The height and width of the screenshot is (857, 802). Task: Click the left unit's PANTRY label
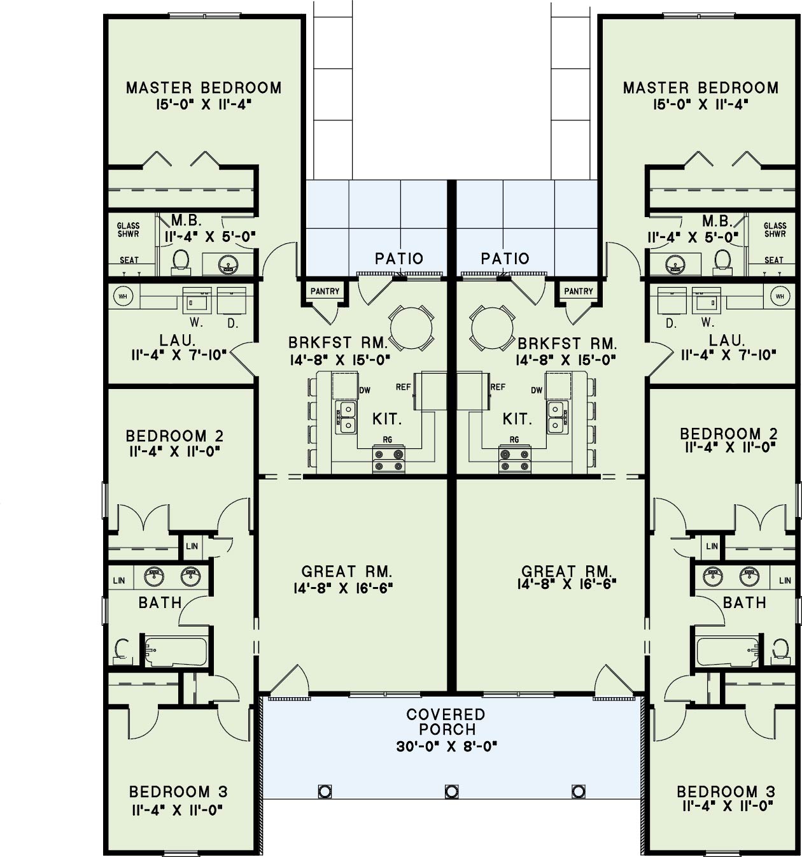point(325,291)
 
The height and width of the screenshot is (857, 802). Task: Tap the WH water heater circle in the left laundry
point(122,296)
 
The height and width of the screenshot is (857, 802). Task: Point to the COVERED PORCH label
point(446,722)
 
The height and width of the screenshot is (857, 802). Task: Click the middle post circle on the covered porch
point(451,791)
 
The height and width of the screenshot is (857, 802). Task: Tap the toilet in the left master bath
point(181,261)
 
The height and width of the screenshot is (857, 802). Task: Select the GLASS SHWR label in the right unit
point(775,230)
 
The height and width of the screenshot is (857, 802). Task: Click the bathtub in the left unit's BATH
point(175,651)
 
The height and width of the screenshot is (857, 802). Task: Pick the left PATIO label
point(399,259)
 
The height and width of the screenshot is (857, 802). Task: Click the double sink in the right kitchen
point(556,417)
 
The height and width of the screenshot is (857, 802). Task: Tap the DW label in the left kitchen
point(365,390)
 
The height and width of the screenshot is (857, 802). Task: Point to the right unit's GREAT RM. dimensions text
point(566,584)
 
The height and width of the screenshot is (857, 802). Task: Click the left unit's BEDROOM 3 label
point(178,792)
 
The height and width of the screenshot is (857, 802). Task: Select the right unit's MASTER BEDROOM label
point(701,88)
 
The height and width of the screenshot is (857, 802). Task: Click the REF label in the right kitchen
point(498,386)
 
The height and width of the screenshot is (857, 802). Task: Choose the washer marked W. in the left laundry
point(197,300)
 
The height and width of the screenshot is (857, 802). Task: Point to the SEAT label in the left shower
point(129,260)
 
